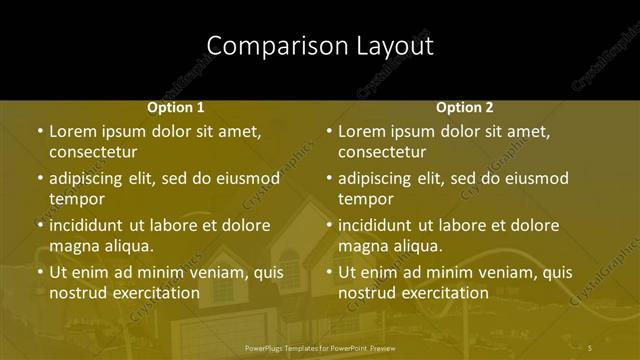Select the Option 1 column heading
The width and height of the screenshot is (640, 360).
point(176,107)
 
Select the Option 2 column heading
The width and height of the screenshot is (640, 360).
point(465,107)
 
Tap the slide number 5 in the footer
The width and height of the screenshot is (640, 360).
point(590,348)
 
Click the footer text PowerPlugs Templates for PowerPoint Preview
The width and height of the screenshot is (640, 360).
point(319,348)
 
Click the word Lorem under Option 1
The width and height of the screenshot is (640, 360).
point(73,131)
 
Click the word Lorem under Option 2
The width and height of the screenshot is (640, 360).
point(362,131)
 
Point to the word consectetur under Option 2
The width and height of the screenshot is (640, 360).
point(382,153)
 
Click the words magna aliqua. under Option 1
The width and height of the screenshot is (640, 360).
point(100,246)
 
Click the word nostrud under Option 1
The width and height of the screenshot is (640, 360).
point(79,293)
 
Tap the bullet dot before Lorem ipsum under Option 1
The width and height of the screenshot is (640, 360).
point(40,131)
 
